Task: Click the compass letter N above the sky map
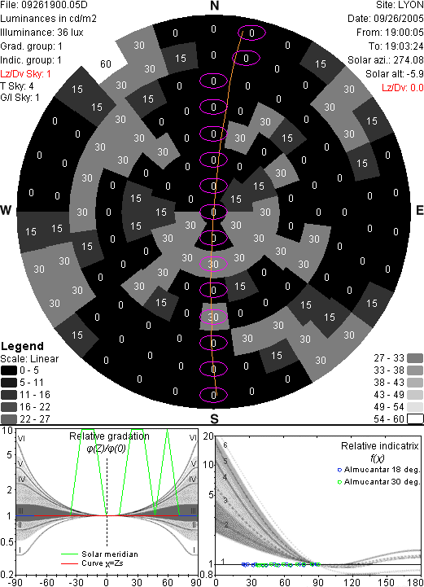(214, 6)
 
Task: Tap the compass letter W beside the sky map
(6, 210)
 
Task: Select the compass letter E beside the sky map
(419, 210)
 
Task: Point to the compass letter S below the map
(214, 419)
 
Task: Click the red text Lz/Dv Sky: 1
(25, 74)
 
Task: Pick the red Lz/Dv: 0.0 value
(403, 88)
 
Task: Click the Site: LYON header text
(400, 5)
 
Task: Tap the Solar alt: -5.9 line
(395, 74)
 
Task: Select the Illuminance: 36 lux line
(42, 33)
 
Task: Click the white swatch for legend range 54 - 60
(415, 419)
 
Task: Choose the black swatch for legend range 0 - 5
(9, 370)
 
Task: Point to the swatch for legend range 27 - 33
(415, 358)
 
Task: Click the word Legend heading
(23, 346)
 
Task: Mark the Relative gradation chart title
(109, 436)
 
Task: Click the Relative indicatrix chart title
(380, 446)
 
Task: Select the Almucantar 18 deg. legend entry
(378, 470)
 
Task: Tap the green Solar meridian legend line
(70, 554)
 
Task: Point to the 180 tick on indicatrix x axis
(416, 582)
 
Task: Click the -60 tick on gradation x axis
(46, 582)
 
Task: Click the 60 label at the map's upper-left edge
(106, 64)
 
